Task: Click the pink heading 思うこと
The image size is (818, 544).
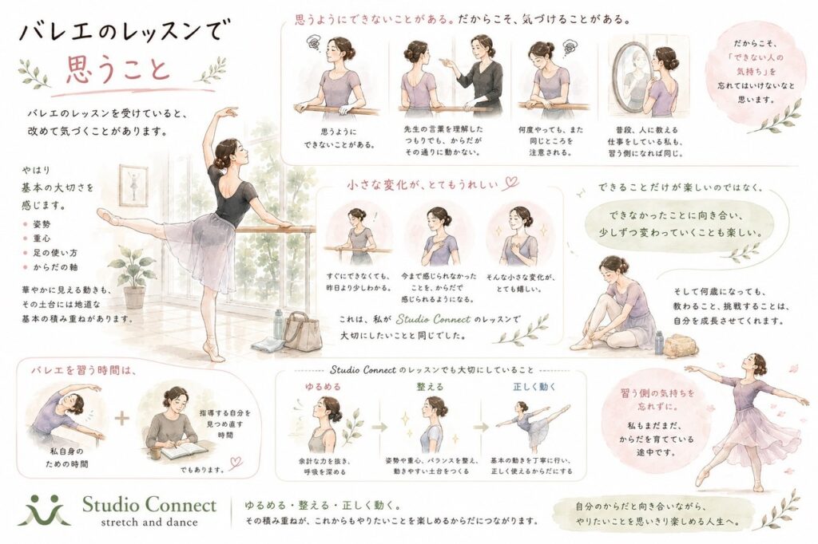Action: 118,70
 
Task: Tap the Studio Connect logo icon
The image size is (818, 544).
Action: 44,510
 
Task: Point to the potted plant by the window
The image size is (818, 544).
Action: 133,275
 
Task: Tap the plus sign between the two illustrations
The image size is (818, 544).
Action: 121,418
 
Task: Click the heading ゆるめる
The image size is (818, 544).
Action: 324,387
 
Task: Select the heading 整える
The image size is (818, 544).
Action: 430,387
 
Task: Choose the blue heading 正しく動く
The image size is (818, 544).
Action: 534,387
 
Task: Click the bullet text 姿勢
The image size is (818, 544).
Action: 42,224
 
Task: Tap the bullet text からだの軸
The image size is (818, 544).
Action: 55,267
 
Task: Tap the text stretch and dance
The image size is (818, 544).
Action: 149,522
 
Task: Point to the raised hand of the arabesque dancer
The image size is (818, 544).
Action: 229,111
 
